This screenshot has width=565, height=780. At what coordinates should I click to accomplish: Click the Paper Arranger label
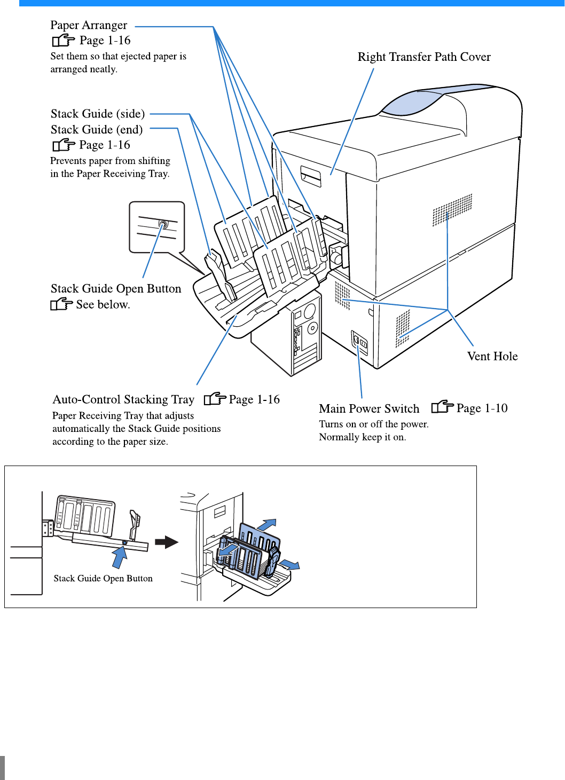coord(89,25)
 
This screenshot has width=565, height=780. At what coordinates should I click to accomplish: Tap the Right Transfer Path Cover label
coord(424,57)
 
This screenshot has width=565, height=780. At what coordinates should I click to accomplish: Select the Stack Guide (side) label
coord(98,114)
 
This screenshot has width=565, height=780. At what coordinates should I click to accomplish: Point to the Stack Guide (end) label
coord(97,130)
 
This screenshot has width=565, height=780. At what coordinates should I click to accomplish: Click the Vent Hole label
coord(492,356)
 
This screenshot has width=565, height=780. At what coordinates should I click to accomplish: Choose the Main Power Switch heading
coord(369,409)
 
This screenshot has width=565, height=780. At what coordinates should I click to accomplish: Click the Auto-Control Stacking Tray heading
coord(123,400)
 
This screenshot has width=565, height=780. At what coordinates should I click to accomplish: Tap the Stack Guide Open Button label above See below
coord(116,289)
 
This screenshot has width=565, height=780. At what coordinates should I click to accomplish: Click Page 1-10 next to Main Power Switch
coord(482,408)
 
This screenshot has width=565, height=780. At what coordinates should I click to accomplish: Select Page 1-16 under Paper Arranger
coord(105,41)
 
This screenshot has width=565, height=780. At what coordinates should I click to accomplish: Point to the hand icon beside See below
coord(61,304)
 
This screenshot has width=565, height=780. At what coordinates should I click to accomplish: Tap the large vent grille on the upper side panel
coord(452,209)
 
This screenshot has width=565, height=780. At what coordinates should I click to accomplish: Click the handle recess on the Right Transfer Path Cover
coord(311,177)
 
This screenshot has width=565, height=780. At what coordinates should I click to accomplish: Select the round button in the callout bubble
coord(163,225)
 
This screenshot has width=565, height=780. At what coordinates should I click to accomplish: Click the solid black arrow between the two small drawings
coord(167,542)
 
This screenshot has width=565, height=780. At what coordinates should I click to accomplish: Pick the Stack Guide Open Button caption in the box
coord(103,579)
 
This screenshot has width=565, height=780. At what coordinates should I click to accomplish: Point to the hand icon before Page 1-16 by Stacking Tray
coord(215,399)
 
